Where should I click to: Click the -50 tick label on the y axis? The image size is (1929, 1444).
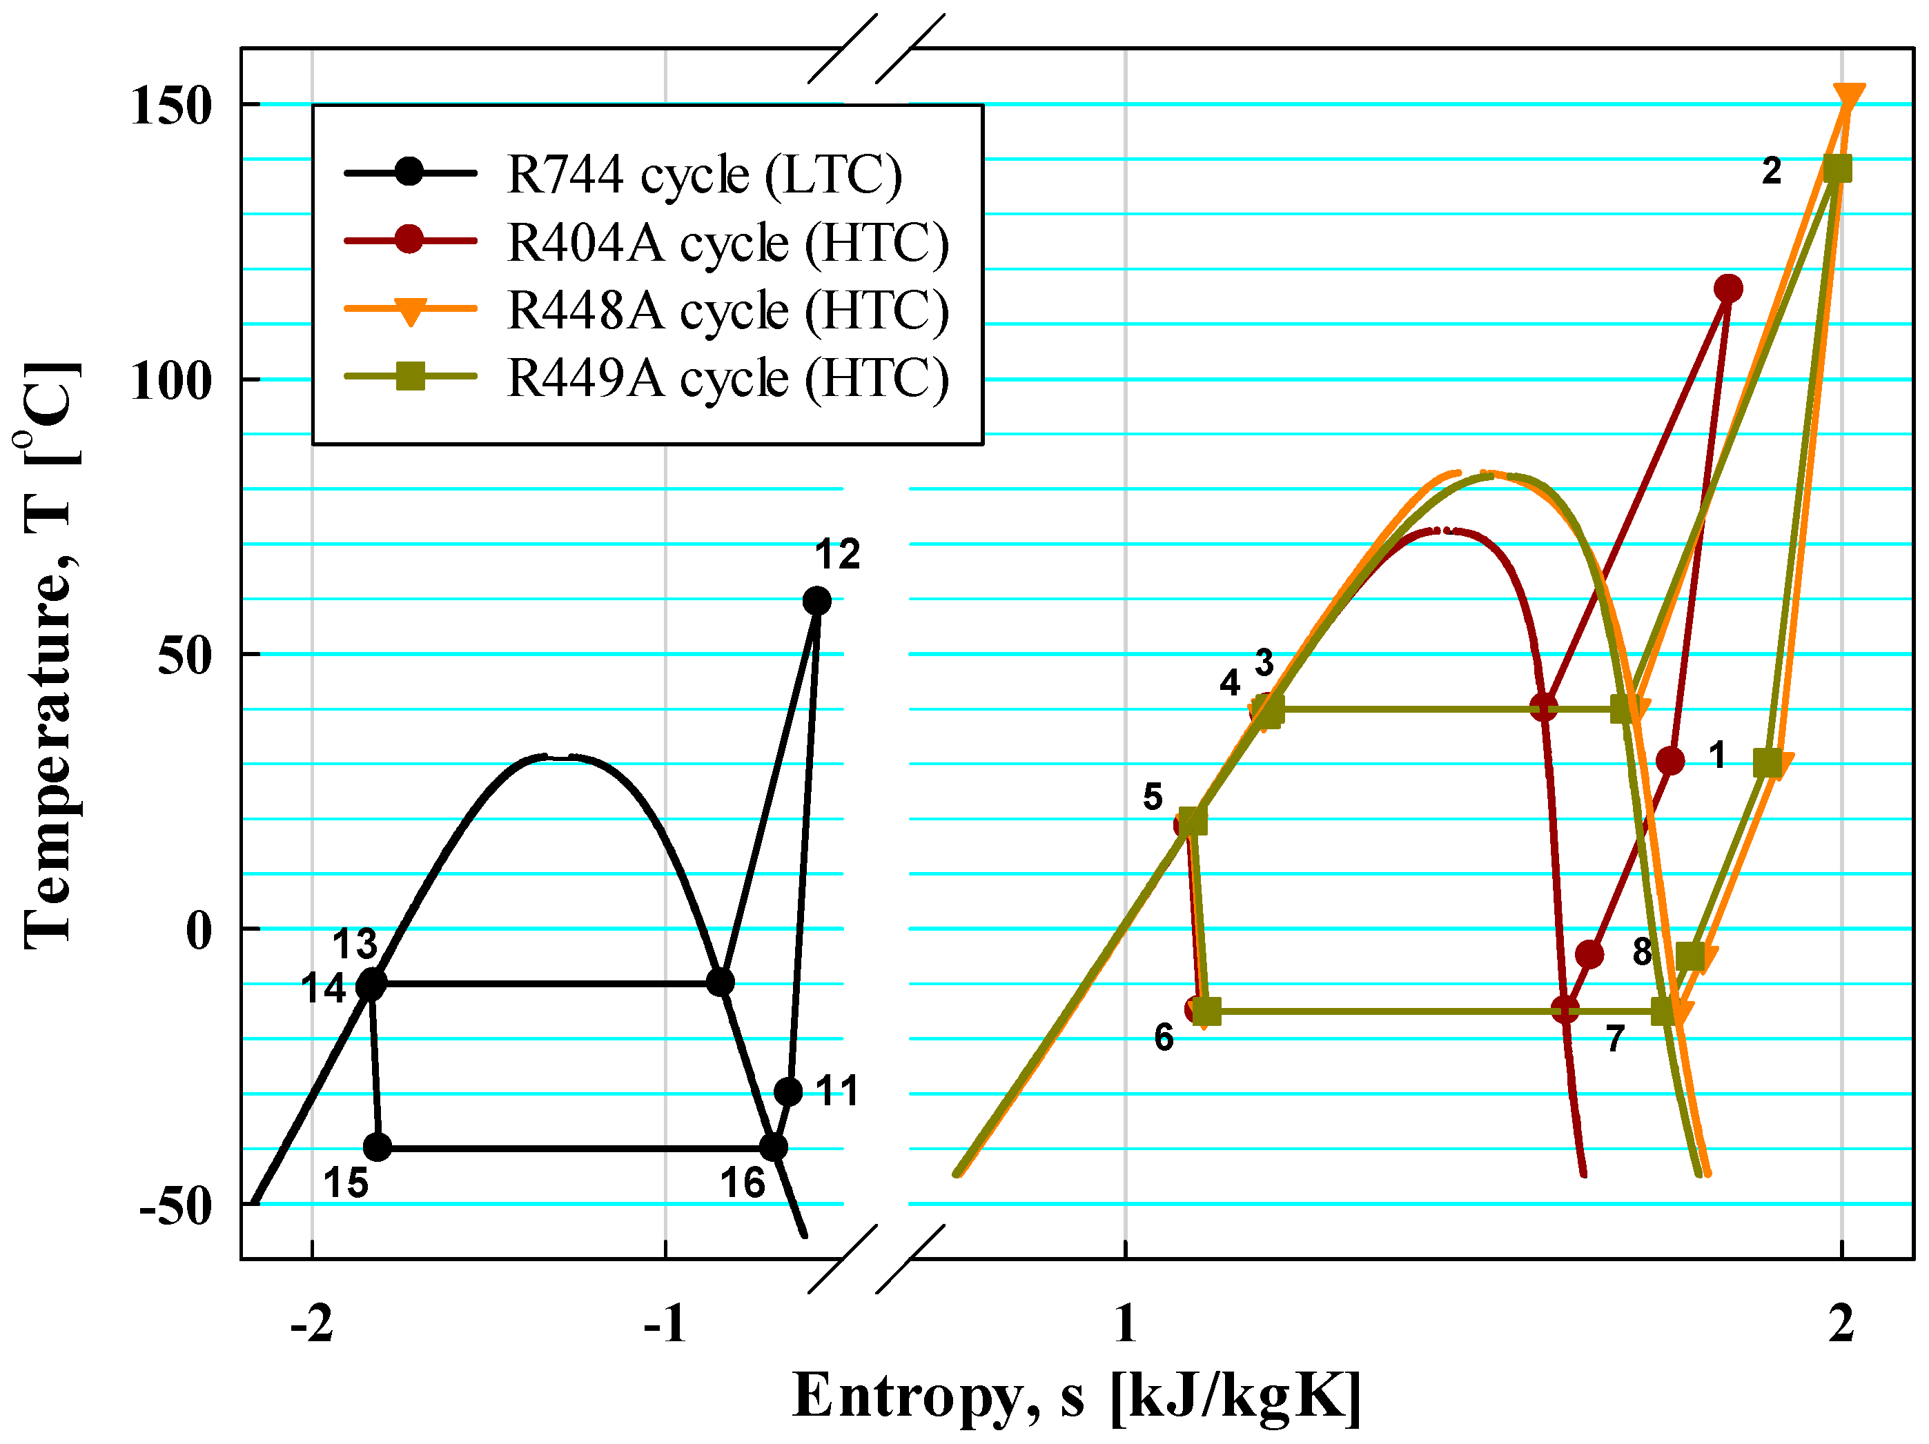pos(175,1206)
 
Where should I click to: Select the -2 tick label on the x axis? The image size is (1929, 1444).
pos(311,1324)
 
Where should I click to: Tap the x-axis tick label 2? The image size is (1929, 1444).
pos(1840,1324)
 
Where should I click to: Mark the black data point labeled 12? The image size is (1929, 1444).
pos(816,600)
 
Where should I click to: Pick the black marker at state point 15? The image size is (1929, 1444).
pos(377,1147)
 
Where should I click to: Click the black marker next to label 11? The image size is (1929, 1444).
pos(788,1091)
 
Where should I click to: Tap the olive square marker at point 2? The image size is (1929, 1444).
pos(1837,168)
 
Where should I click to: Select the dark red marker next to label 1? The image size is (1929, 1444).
pos(1670,761)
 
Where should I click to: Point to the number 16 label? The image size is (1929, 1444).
pos(742,1183)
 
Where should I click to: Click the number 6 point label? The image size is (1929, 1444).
pos(1164,1038)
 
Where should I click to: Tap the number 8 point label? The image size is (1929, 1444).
pos(1641,952)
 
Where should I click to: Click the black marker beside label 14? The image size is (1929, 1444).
pos(371,985)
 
